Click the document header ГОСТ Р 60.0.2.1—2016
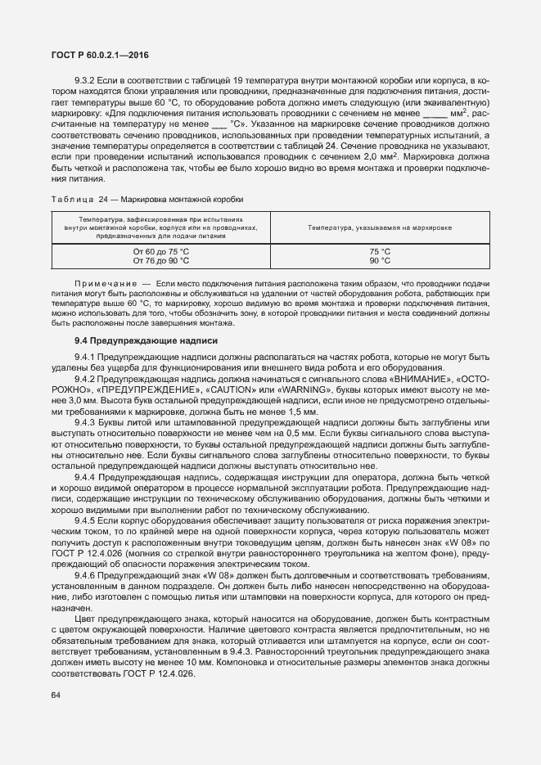[100, 56]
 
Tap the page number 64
[56, 695]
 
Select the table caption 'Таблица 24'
[81, 200]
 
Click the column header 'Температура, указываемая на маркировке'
[380, 227]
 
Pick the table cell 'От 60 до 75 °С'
[161, 251]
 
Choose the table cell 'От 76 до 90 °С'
[161, 261]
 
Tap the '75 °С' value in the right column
[380, 251]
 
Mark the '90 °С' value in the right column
[380, 261]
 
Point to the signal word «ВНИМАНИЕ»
[431, 380]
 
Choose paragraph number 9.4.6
[86, 577]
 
